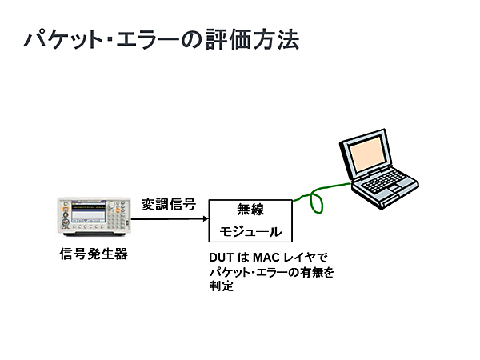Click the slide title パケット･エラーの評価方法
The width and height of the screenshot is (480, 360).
160,39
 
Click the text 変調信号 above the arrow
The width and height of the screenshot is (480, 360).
170,204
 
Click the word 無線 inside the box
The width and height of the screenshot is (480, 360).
250,210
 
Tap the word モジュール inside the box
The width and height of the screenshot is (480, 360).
250,232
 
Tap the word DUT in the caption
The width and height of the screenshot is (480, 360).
220,258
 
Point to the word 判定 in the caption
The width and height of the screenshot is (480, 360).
220,286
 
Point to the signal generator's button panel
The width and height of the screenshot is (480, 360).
116,215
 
